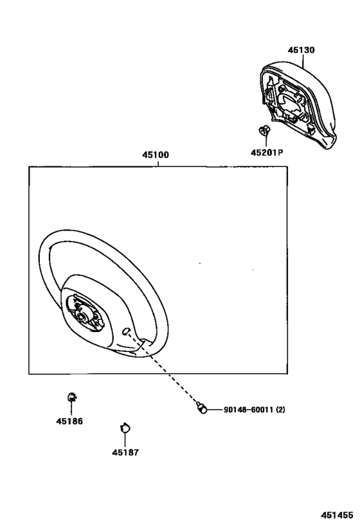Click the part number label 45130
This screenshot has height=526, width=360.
pyautogui.click(x=301, y=50)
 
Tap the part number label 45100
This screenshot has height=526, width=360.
pyautogui.click(x=156, y=155)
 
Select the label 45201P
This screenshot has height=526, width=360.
pyautogui.click(x=267, y=153)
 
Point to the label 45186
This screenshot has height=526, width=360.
pyautogui.click(x=69, y=421)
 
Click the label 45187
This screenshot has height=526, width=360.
pyautogui.click(x=125, y=453)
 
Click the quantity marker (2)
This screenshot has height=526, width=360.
pyautogui.click(x=281, y=410)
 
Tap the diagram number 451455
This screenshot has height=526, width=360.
pyautogui.click(x=336, y=515)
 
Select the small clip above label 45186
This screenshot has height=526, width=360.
pyautogui.click(x=71, y=397)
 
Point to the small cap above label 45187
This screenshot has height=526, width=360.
pyautogui.click(x=125, y=428)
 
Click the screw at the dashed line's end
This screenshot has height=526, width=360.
pyautogui.click(x=201, y=408)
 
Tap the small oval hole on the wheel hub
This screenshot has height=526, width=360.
pyautogui.click(x=126, y=331)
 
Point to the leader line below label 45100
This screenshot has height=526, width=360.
pyautogui.click(x=158, y=163)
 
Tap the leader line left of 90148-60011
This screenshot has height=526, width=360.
pyautogui.click(x=215, y=410)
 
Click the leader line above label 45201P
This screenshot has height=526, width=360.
pyautogui.click(x=265, y=141)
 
